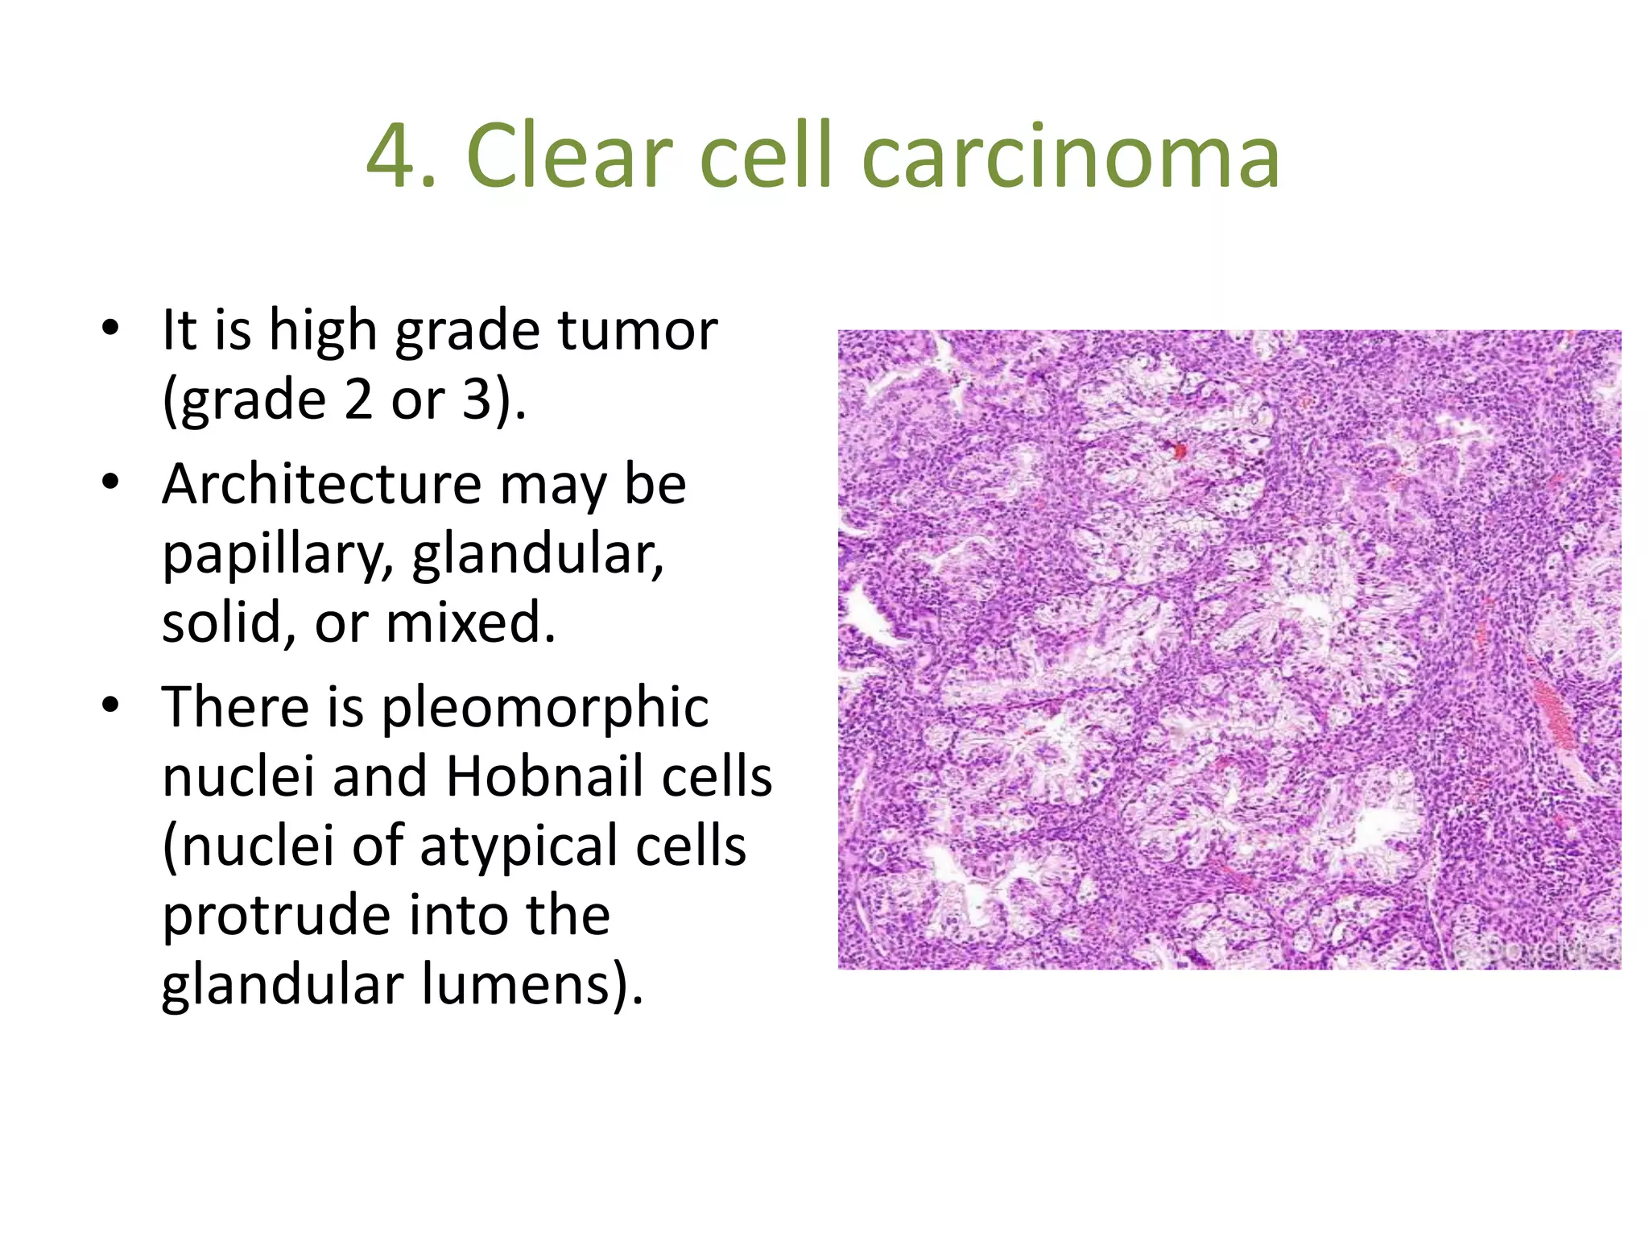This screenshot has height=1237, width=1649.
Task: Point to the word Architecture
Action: pos(320,485)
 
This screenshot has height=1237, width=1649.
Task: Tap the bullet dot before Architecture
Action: pos(110,483)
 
